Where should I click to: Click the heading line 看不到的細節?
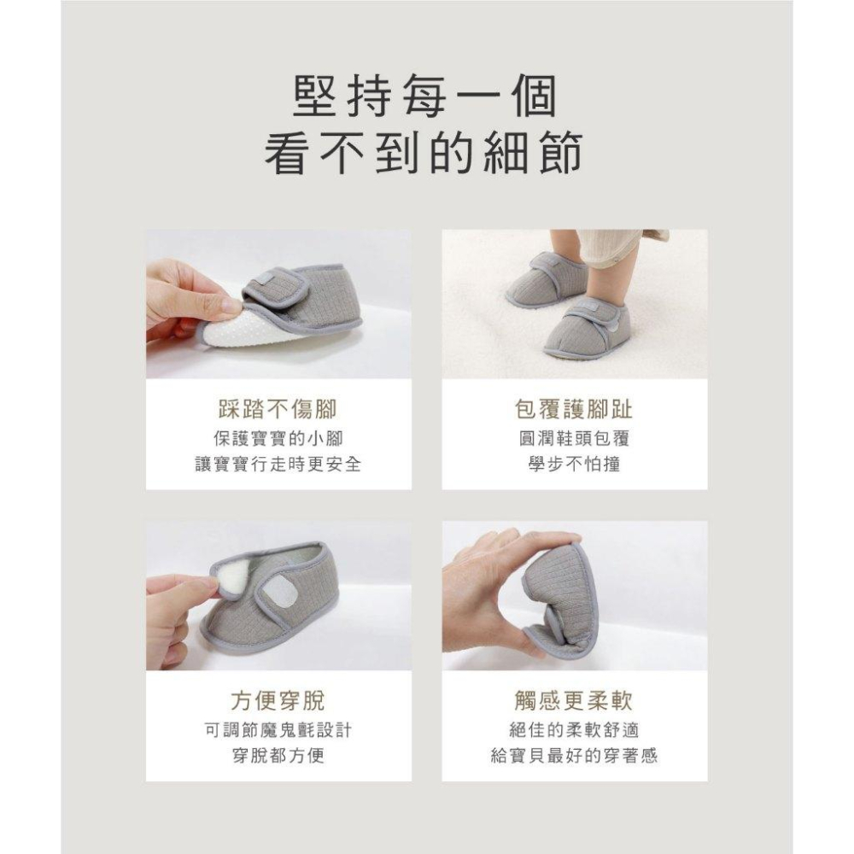(x=424, y=155)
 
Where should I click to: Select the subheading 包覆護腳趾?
(x=574, y=409)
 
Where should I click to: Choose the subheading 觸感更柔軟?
(x=574, y=701)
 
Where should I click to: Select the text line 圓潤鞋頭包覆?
(x=574, y=439)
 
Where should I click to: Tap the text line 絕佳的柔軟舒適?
(x=574, y=730)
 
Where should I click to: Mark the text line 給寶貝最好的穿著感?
(x=574, y=757)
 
